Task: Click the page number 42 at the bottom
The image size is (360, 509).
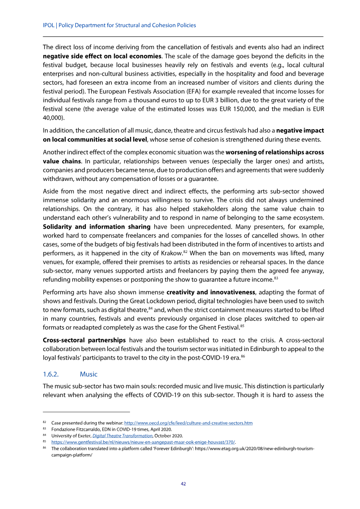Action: [x=183, y=484]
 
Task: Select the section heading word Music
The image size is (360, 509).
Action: [x=89, y=374]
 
